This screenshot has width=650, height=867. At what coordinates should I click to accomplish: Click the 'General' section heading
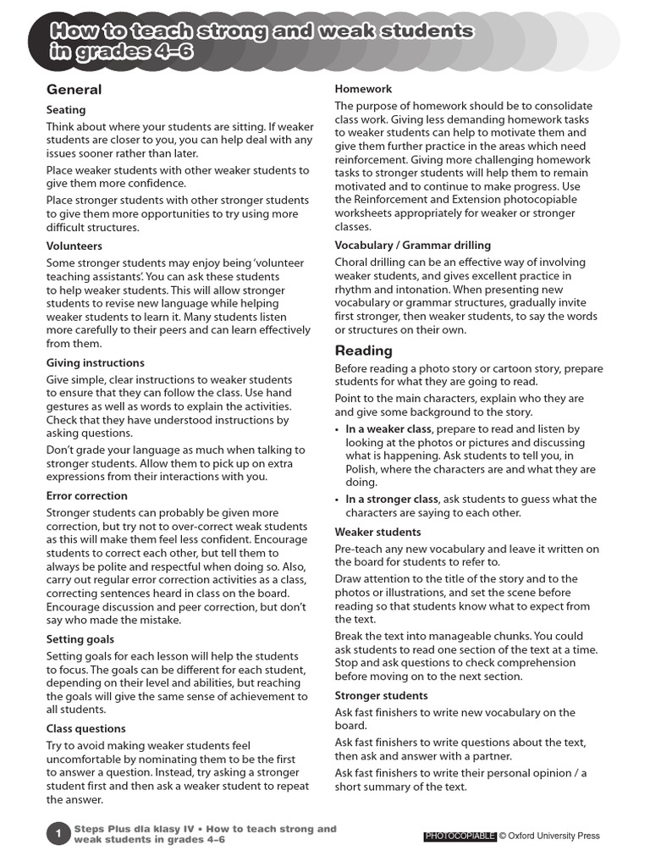(x=74, y=90)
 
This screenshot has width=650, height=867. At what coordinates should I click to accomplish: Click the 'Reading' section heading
(x=363, y=351)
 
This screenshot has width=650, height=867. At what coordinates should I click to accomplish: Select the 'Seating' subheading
(x=66, y=110)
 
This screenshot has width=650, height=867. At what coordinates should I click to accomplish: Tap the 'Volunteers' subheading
(x=74, y=246)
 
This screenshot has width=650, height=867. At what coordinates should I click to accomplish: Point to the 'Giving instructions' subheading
(x=95, y=362)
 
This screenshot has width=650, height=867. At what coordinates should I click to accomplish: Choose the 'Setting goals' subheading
(x=80, y=639)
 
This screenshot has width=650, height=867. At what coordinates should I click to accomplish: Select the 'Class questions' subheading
(x=85, y=728)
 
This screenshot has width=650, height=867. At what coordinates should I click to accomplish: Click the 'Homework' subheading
(x=363, y=89)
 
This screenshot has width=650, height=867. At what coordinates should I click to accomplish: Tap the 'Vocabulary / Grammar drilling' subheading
(x=412, y=245)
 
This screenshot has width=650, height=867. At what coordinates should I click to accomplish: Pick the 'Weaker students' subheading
(x=377, y=532)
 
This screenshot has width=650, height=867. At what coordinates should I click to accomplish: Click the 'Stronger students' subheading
(x=381, y=695)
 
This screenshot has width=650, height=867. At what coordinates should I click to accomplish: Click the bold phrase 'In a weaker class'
(x=388, y=429)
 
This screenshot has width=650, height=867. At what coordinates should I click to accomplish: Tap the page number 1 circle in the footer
(x=58, y=834)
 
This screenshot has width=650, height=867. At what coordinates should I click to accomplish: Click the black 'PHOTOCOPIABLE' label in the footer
(x=460, y=837)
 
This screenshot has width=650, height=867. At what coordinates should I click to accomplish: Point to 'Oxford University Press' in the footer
(x=554, y=837)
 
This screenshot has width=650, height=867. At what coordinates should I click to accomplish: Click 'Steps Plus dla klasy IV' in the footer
(x=135, y=829)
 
